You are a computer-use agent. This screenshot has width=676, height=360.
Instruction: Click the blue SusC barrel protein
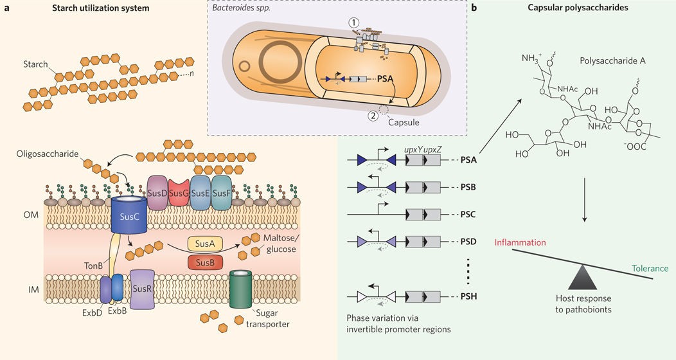[x=131, y=219]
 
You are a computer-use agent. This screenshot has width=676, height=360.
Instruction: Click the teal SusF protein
[x=226, y=193]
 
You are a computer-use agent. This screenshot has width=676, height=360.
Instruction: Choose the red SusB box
[x=206, y=262]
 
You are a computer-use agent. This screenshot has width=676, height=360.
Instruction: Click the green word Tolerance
[x=649, y=268]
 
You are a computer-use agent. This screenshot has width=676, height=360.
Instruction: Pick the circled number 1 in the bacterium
[x=353, y=22]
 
